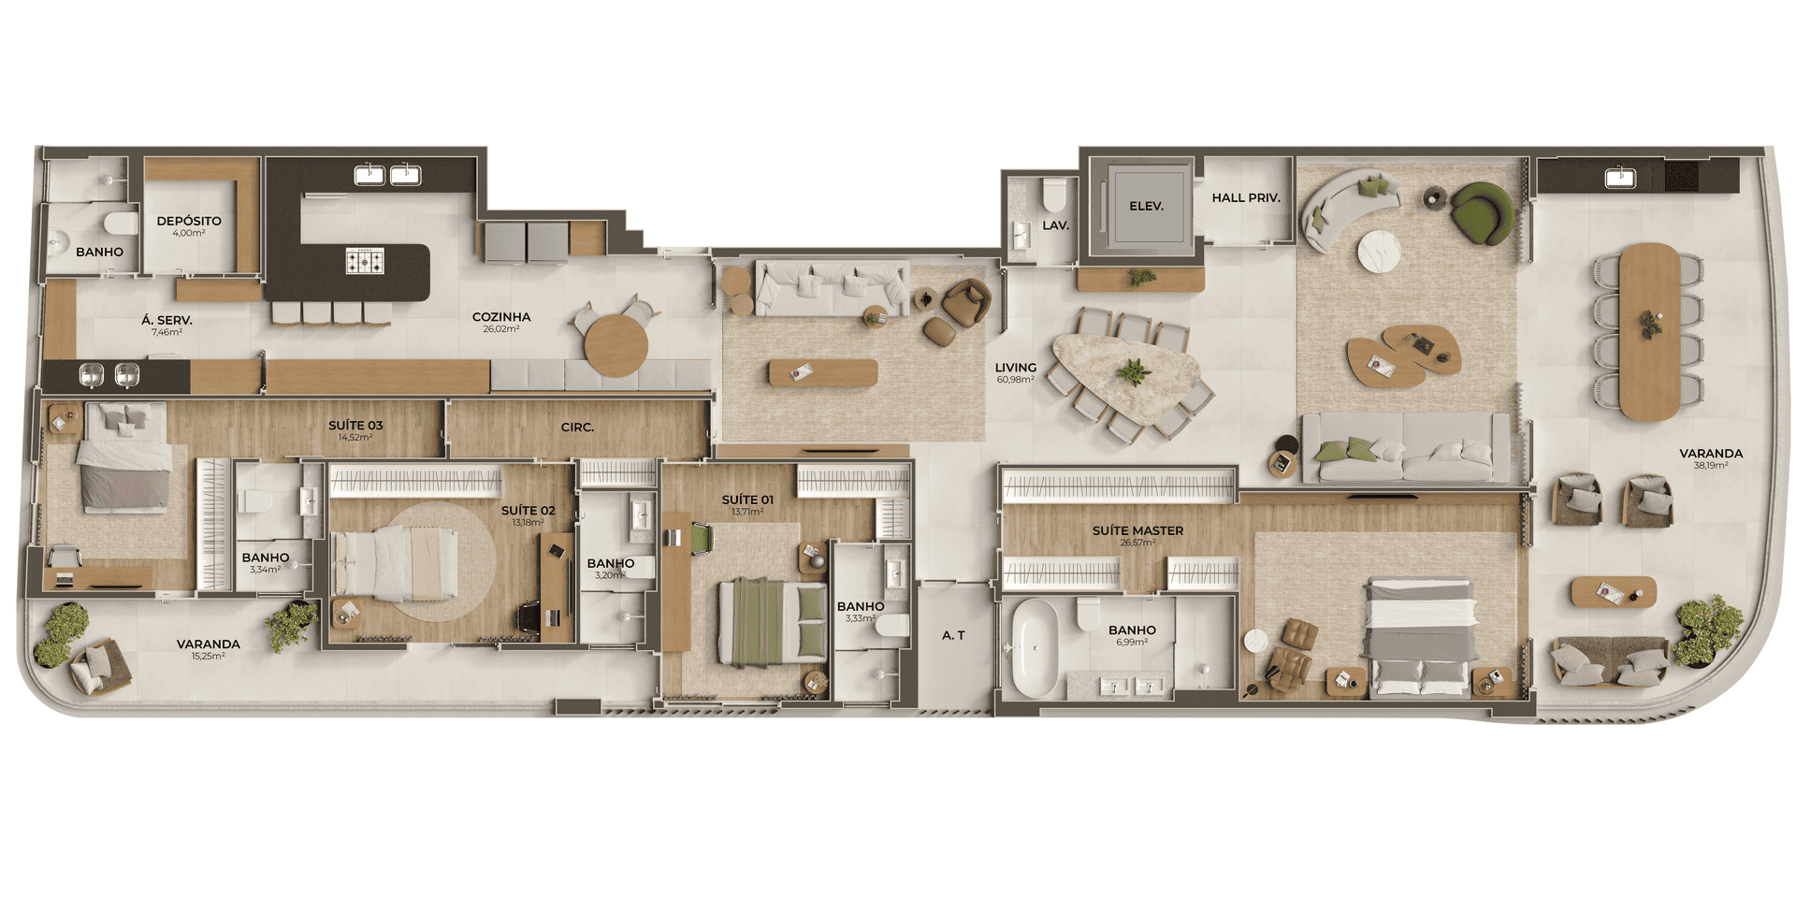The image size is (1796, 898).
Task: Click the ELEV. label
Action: coord(1146,206)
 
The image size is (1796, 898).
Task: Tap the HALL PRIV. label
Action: coord(1246,197)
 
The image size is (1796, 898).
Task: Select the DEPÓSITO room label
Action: coord(189,221)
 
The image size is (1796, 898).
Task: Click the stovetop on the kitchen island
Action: coord(365,261)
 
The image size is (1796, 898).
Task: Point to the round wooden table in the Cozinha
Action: coord(616,345)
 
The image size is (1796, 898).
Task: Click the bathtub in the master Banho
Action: coord(1034,647)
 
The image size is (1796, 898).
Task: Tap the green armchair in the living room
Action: coord(1482,213)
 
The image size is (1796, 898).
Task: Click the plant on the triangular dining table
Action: coord(1133,371)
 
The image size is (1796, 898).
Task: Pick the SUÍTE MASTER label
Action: coord(1137,530)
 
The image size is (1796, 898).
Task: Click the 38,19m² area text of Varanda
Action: coord(1711,465)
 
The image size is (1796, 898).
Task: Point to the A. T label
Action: coord(953,635)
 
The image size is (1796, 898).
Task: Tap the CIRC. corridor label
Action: coord(577,427)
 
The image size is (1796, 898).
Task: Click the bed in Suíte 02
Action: coord(395,563)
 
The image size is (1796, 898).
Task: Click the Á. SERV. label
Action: coord(167,320)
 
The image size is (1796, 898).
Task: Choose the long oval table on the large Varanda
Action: coord(1649,332)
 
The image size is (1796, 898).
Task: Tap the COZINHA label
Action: coord(501,317)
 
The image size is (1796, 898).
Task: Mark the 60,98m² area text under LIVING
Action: coord(1015,380)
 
